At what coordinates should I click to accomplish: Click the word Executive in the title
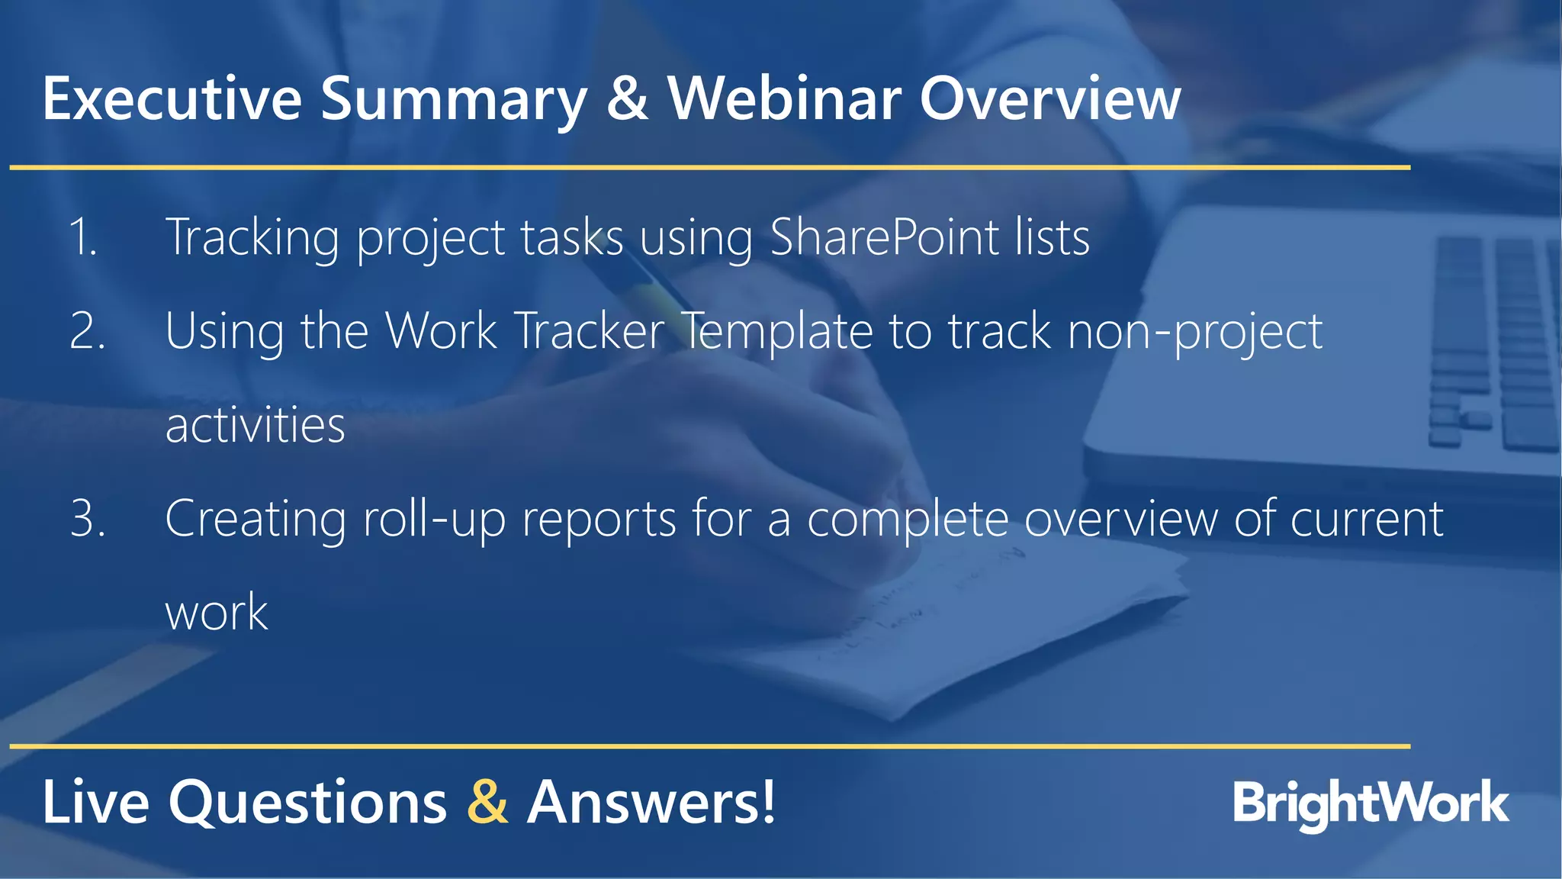[x=172, y=99]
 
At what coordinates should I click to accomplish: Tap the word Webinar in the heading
[x=784, y=99]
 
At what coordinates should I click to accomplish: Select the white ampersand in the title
[x=628, y=99]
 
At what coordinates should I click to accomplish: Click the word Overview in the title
[x=1050, y=99]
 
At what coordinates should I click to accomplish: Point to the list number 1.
[x=82, y=237]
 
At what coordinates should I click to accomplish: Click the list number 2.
[x=87, y=331]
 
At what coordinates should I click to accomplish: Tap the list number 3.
[x=87, y=519]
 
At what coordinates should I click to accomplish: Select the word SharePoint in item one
[x=884, y=237]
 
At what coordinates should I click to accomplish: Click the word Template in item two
[x=776, y=331]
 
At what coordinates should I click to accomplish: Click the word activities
[x=255, y=425]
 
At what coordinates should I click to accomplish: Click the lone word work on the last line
[x=217, y=612]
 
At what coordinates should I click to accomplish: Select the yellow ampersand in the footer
[x=487, y=802]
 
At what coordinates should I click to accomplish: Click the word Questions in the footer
[x=307, y=803]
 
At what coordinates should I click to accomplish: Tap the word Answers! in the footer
[x=651, y=802]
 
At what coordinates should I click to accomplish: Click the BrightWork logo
[x=1371, y=803]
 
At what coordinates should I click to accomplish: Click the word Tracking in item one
[x=252, y=238]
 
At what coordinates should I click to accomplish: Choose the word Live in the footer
[x=95, y=802]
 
